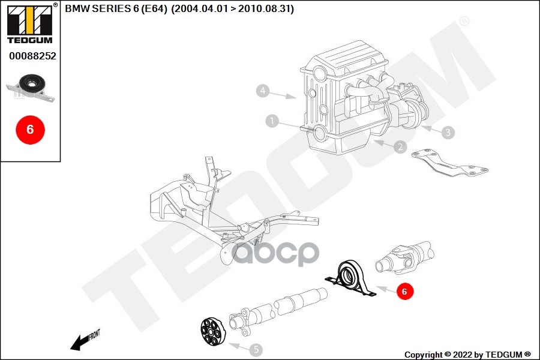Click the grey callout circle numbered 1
(272, 122)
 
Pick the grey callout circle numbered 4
(262, 91)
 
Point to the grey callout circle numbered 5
(256, 348)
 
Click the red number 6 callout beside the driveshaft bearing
(404, 292)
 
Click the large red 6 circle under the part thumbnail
(30, 129)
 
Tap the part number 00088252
(32, 56)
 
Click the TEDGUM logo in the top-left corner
(29, 24)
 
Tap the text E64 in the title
(154, 9)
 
